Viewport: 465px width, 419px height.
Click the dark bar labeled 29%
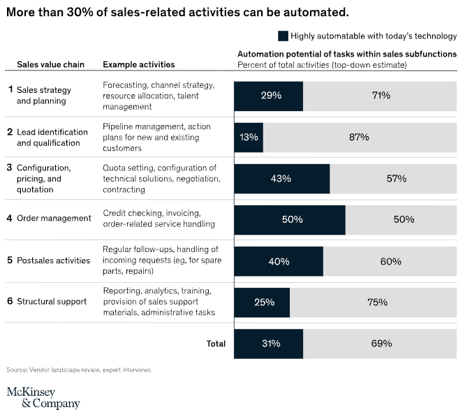269,96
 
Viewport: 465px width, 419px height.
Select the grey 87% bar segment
359,137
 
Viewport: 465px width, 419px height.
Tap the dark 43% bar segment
281,178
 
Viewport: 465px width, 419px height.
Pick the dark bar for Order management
290,219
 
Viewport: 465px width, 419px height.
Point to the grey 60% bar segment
390,261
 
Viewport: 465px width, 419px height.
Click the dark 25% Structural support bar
262,302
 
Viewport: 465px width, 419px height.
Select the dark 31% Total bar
269,344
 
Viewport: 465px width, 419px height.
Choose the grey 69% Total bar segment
381,344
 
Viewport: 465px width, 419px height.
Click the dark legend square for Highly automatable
283,36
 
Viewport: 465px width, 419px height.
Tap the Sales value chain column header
50,65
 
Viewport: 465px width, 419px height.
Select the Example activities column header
139,65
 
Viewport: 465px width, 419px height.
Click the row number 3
9,168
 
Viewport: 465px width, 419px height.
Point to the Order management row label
54,218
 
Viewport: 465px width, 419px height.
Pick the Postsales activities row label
53,260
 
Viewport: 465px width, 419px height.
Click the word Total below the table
216,344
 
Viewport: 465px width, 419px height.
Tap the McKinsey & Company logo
43,397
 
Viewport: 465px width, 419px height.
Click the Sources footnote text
78,369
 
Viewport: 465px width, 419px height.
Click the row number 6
9,301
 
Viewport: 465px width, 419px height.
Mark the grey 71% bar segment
381,96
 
